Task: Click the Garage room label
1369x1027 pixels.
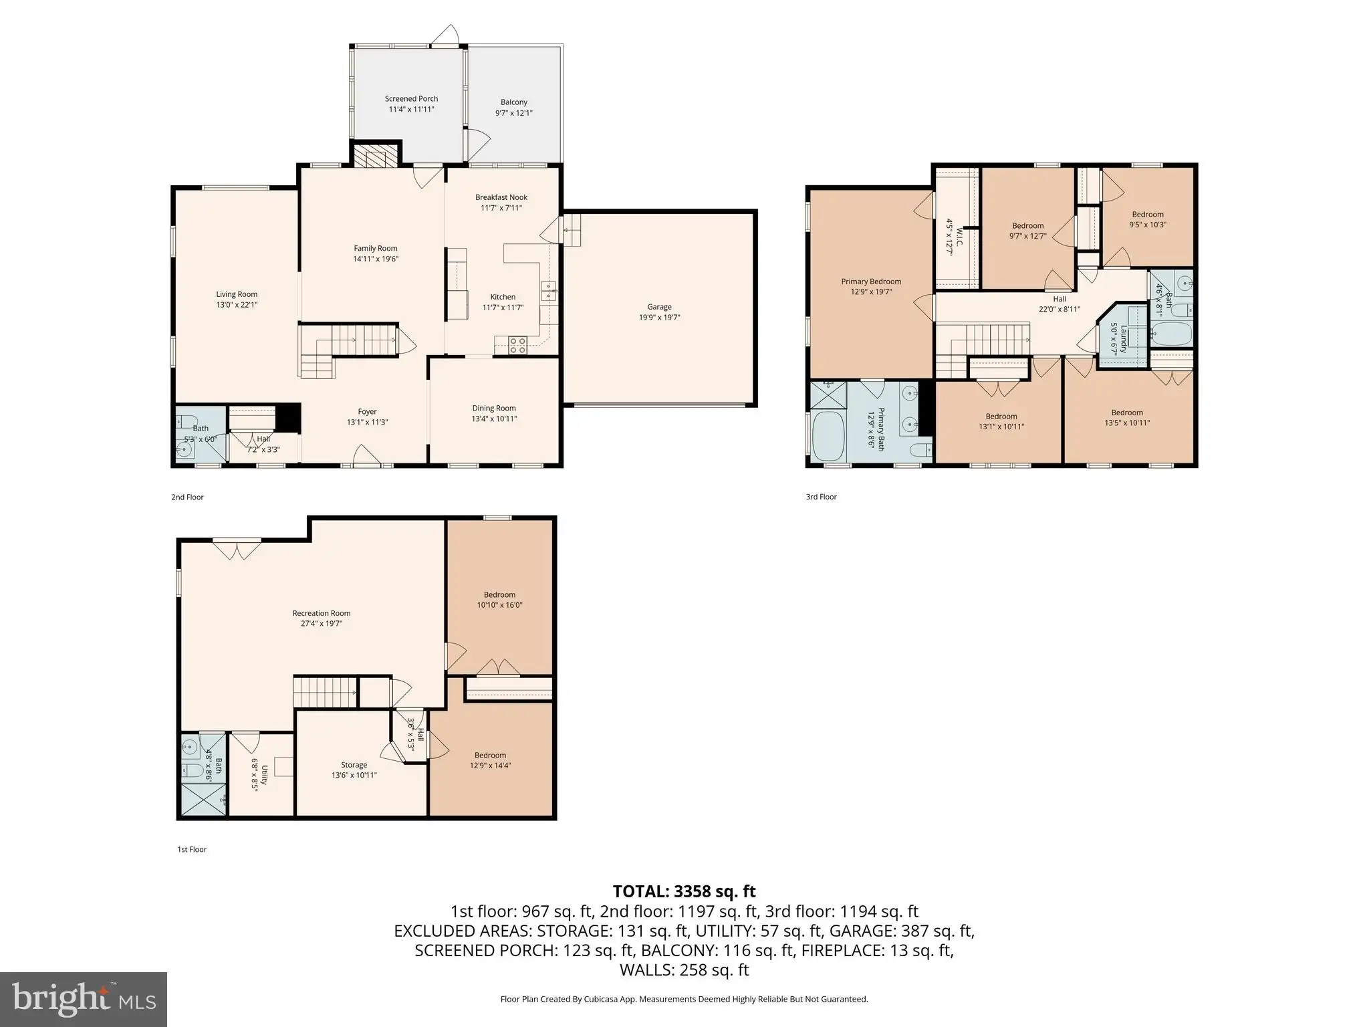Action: [659, 307]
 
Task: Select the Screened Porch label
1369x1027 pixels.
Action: [411, 98]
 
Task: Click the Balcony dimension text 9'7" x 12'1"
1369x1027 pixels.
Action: [513, 113]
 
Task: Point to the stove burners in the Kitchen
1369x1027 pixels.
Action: [517, 345]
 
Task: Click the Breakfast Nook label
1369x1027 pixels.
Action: [501, 197]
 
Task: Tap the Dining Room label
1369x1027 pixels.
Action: [494, 408]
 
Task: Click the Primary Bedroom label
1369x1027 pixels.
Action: [871, 281]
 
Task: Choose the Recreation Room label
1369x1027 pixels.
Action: [322, 613]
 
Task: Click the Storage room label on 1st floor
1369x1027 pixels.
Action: [354, 765]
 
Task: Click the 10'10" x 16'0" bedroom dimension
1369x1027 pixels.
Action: [499, 605]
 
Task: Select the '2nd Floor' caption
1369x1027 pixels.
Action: [187, 497]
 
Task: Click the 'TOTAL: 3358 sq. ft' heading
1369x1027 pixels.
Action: [684, 891]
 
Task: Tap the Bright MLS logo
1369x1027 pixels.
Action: [84, 999]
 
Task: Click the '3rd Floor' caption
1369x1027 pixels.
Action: [821, 497]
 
